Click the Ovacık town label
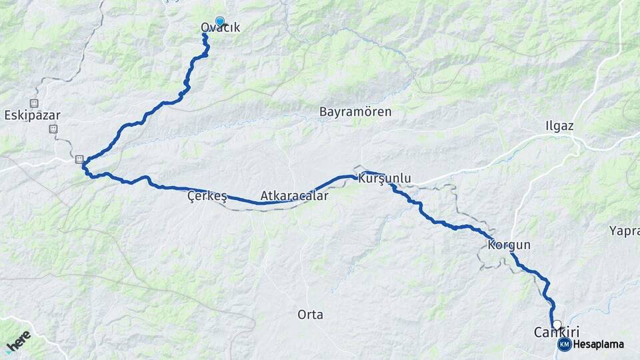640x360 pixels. [x=220, y=28]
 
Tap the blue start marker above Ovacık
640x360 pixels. [x=219, y=21]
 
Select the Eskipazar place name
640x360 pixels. [x=32, y=115]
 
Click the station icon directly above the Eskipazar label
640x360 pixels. [x=34, y=103]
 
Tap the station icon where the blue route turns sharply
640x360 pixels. [x=79, y=159]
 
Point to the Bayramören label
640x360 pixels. [x=355, y=112]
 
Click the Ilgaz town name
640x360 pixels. [x=559, y=126]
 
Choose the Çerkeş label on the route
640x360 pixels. [x=207, y=197]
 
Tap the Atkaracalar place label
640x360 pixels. [x=294, y=197]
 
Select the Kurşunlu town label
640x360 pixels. [x=385, y=178]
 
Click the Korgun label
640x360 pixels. [x=509, y=245]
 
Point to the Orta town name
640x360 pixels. [x=310, y=314]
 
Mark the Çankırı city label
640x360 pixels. [x=557, y=331]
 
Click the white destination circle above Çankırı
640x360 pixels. [x=557, y=324]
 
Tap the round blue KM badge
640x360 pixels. [x=564, y=344]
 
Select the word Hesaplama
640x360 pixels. [x=598, y=344]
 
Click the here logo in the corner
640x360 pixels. [x=18, y=341]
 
